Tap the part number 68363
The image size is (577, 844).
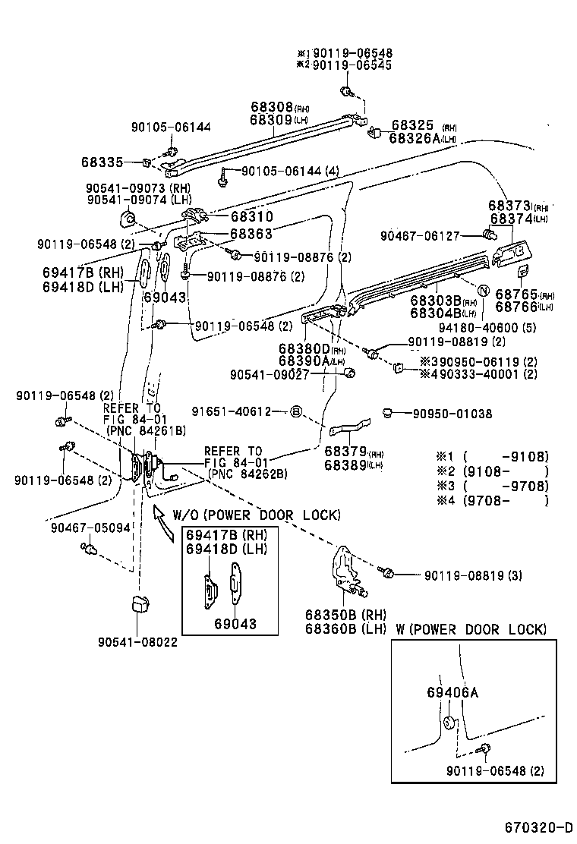tap(251, 235)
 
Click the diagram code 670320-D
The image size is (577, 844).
tap(538, 827)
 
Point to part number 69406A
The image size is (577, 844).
tap(452, 692)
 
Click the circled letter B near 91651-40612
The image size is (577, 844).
tap(297, 412)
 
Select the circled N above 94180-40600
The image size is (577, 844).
tap(481, 291)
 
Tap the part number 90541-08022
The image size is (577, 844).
tap(137, 642)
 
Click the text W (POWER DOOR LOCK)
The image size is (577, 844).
tap(471, 629)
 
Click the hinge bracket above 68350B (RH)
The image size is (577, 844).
tap(348, 570)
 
